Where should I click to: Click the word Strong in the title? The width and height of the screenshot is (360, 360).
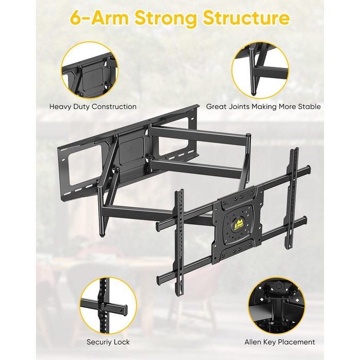coord(165,18)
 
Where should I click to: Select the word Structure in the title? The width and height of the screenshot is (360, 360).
coord(246,18)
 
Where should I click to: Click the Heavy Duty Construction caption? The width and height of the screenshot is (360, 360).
coord(93,107)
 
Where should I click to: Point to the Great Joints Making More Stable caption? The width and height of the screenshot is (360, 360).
coord(263,107)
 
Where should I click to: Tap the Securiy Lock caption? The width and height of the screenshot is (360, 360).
coord(108,342)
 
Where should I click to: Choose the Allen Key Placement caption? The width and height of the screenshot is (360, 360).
coord(280,342)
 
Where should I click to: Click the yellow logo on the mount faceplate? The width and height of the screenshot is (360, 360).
coord(239,223)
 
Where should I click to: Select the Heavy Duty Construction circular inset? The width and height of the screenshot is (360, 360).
coord(89,70)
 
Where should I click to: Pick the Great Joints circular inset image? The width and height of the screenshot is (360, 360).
coord(260,70)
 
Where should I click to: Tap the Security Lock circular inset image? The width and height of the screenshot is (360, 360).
coord(108,305)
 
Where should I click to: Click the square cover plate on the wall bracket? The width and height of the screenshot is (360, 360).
coord(132,150)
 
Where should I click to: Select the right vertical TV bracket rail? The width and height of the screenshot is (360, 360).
coord(293,197)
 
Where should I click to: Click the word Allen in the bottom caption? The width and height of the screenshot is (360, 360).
coord(253,342)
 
